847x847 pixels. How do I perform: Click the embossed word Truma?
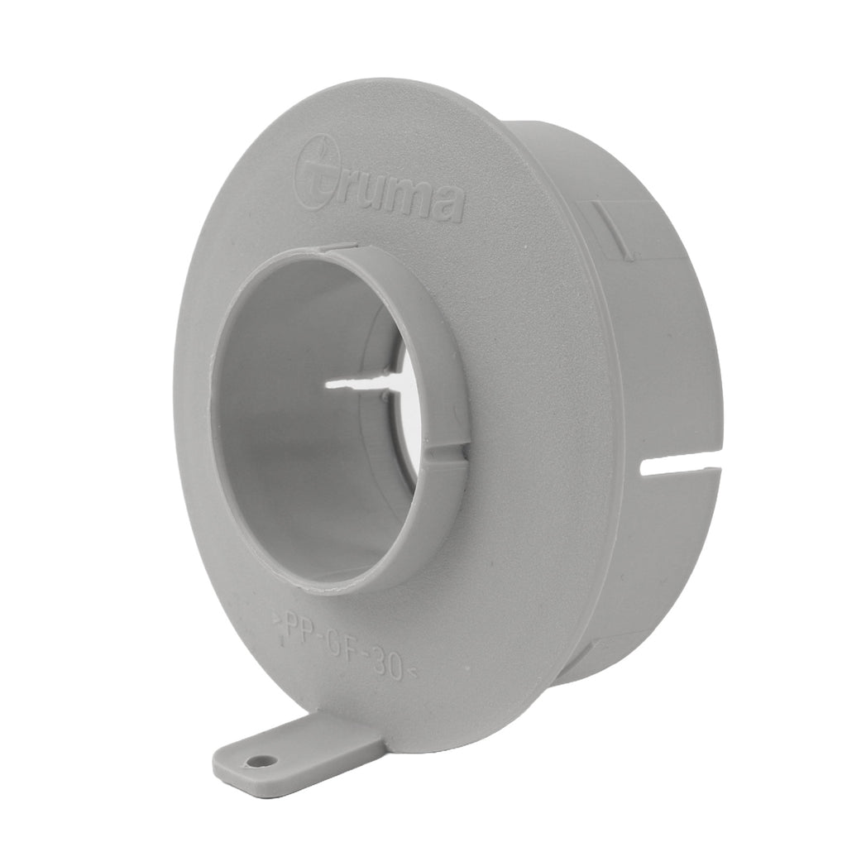click(378, 189)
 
